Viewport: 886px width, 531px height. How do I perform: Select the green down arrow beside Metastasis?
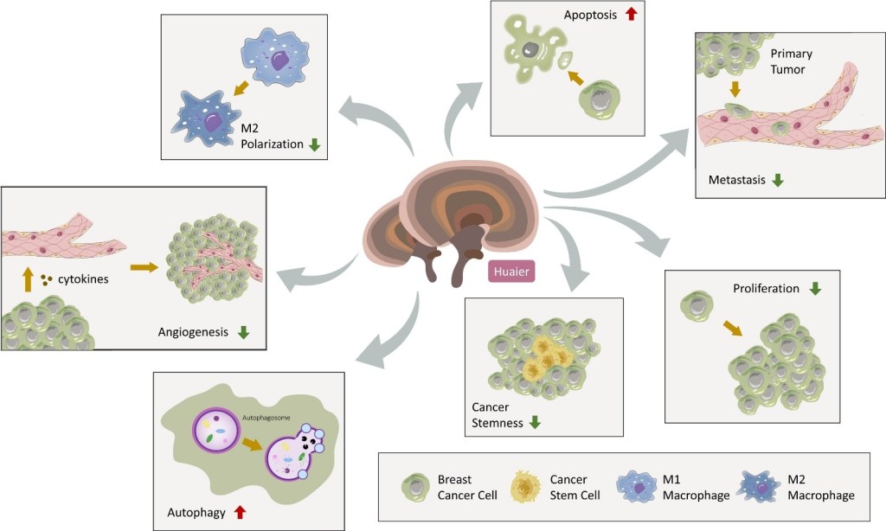[778, 180]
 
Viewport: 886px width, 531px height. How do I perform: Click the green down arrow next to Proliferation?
[814, 288]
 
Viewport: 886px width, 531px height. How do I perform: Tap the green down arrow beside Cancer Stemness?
[535, 423]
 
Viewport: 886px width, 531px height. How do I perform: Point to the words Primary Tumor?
[788, 61]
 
